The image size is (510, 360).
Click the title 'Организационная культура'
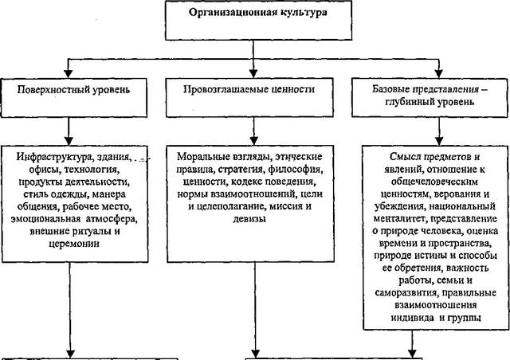[x=258, y=13]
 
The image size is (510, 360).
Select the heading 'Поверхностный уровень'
[x=73, y=90]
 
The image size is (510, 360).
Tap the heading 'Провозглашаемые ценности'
[x=249, y=89]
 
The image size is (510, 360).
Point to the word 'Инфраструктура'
[x=54, y=157]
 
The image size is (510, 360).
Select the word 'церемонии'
[x=74, y=244]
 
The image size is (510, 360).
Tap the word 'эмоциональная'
[x=45, y=219]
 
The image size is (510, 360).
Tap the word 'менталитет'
[x=400, y=219]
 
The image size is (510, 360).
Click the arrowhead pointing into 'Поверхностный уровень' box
[x=68, y=74]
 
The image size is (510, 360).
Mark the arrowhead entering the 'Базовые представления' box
[x=439, y=74]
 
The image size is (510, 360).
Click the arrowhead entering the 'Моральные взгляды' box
[x=254, y=141]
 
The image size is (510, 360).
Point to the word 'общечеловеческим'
[x=434, y=182]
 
